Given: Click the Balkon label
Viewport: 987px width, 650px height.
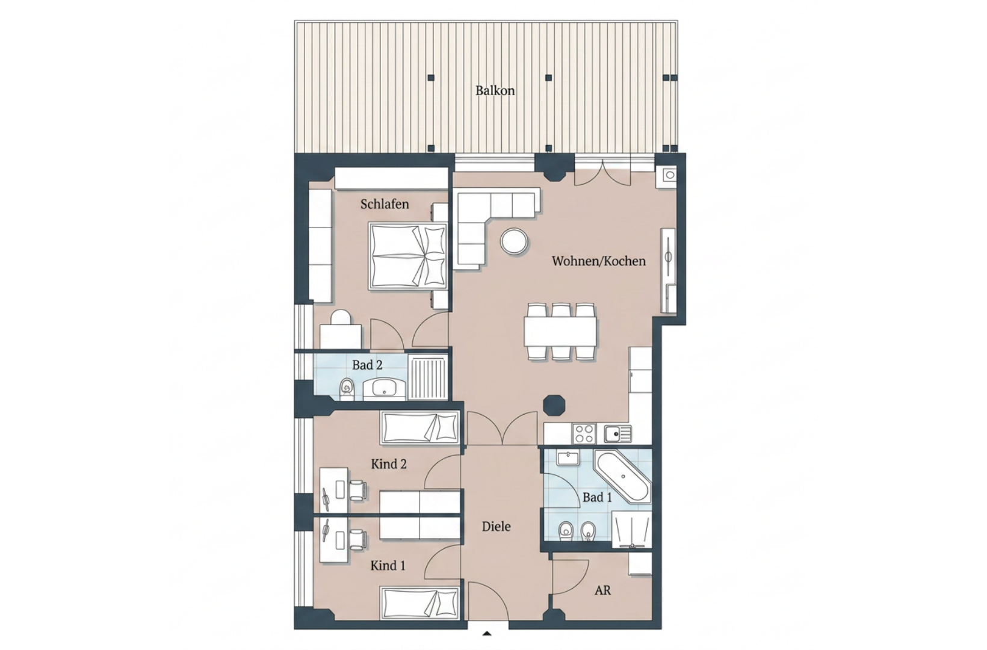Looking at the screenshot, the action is tap(495, 91).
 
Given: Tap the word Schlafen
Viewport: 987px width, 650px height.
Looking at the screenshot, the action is tap(385, 204).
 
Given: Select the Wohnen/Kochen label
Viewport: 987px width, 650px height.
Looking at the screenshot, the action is tap(598, 261).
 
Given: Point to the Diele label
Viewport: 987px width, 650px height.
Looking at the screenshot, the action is tap(496, 526).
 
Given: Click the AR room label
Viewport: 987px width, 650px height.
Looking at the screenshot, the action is tap(603, 590).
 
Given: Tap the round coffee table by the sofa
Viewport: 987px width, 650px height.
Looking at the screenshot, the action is tap(514, 241).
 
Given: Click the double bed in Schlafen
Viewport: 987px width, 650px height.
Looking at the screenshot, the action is tap(407, 256).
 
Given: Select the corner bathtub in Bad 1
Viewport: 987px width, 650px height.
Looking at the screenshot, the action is tap(623, 475).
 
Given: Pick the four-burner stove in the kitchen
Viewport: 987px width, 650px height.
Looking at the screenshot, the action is tap(584, 433).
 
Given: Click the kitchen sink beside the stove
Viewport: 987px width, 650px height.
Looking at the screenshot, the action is tap(617, 433).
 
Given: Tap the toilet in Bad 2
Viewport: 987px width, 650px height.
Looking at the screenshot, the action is tap(347, 389).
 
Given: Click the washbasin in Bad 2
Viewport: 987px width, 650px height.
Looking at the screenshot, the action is tap(384, 389).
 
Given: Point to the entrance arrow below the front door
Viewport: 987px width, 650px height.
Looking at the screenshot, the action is tap(486, 634).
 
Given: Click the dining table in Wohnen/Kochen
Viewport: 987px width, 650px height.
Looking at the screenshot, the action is tap(560, 332).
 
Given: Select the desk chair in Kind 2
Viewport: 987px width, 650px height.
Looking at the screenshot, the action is tap(357, 490).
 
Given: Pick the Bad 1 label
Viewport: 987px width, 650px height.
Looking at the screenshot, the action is tap(597, 498).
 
